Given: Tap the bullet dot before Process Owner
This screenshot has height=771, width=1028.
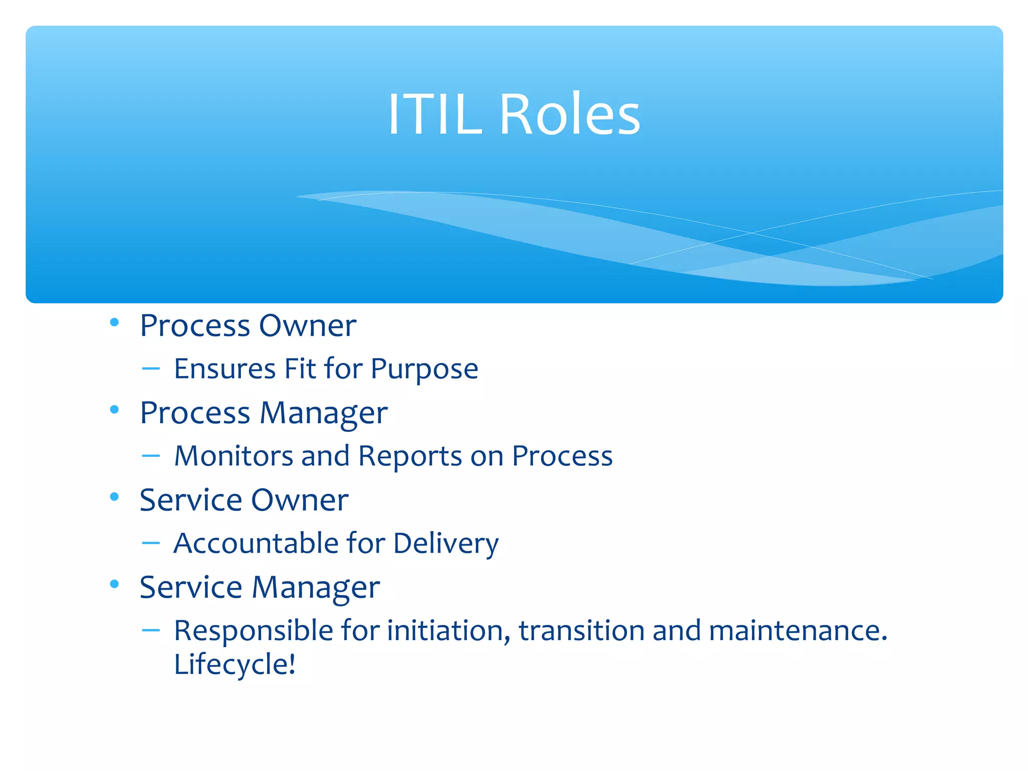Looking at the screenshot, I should [x=114, y=322].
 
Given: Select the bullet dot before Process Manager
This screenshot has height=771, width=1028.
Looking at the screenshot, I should [x=114, y=410].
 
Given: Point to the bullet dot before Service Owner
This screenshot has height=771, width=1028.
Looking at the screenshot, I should [x=114, y=497].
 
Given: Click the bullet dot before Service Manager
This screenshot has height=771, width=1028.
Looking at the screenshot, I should [x=114, y=584].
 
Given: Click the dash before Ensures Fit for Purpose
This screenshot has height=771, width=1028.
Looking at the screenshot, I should [x=151, y=369].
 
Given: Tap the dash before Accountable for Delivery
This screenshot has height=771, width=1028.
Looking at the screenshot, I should [x=151, y=543].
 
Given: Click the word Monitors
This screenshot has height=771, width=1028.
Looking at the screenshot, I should [x=233, y=456].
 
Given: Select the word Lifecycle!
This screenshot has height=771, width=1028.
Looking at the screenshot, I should [x=234, y=665].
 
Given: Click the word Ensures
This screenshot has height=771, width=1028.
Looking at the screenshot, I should [x=225, y=369].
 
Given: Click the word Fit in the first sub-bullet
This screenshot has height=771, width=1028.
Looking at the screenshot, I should [x=300, y=369].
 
